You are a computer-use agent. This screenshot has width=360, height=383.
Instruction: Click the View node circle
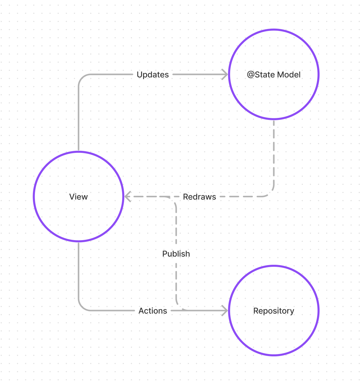79,196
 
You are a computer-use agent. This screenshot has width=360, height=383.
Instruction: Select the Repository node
273,311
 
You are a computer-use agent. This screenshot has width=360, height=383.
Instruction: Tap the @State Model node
273,74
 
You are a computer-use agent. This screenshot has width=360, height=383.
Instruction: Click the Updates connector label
153,75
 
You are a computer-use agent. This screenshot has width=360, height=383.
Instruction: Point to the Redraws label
199,197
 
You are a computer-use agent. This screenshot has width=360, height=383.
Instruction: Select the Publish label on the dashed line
176,254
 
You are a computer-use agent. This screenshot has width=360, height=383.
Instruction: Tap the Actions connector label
153,311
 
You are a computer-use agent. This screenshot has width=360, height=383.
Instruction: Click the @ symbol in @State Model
251,75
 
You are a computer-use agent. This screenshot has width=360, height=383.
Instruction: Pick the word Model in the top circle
288,75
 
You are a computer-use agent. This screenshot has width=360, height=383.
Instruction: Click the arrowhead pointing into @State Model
225,75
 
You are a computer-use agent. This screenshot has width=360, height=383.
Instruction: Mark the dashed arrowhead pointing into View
127,196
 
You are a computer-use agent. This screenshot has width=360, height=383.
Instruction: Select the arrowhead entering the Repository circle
225,311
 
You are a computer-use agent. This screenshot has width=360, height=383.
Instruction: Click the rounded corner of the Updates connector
82,78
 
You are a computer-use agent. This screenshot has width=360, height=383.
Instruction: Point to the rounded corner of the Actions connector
82,307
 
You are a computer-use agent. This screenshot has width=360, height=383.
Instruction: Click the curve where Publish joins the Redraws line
173,199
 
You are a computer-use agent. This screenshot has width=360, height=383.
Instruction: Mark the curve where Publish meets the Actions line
179,307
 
